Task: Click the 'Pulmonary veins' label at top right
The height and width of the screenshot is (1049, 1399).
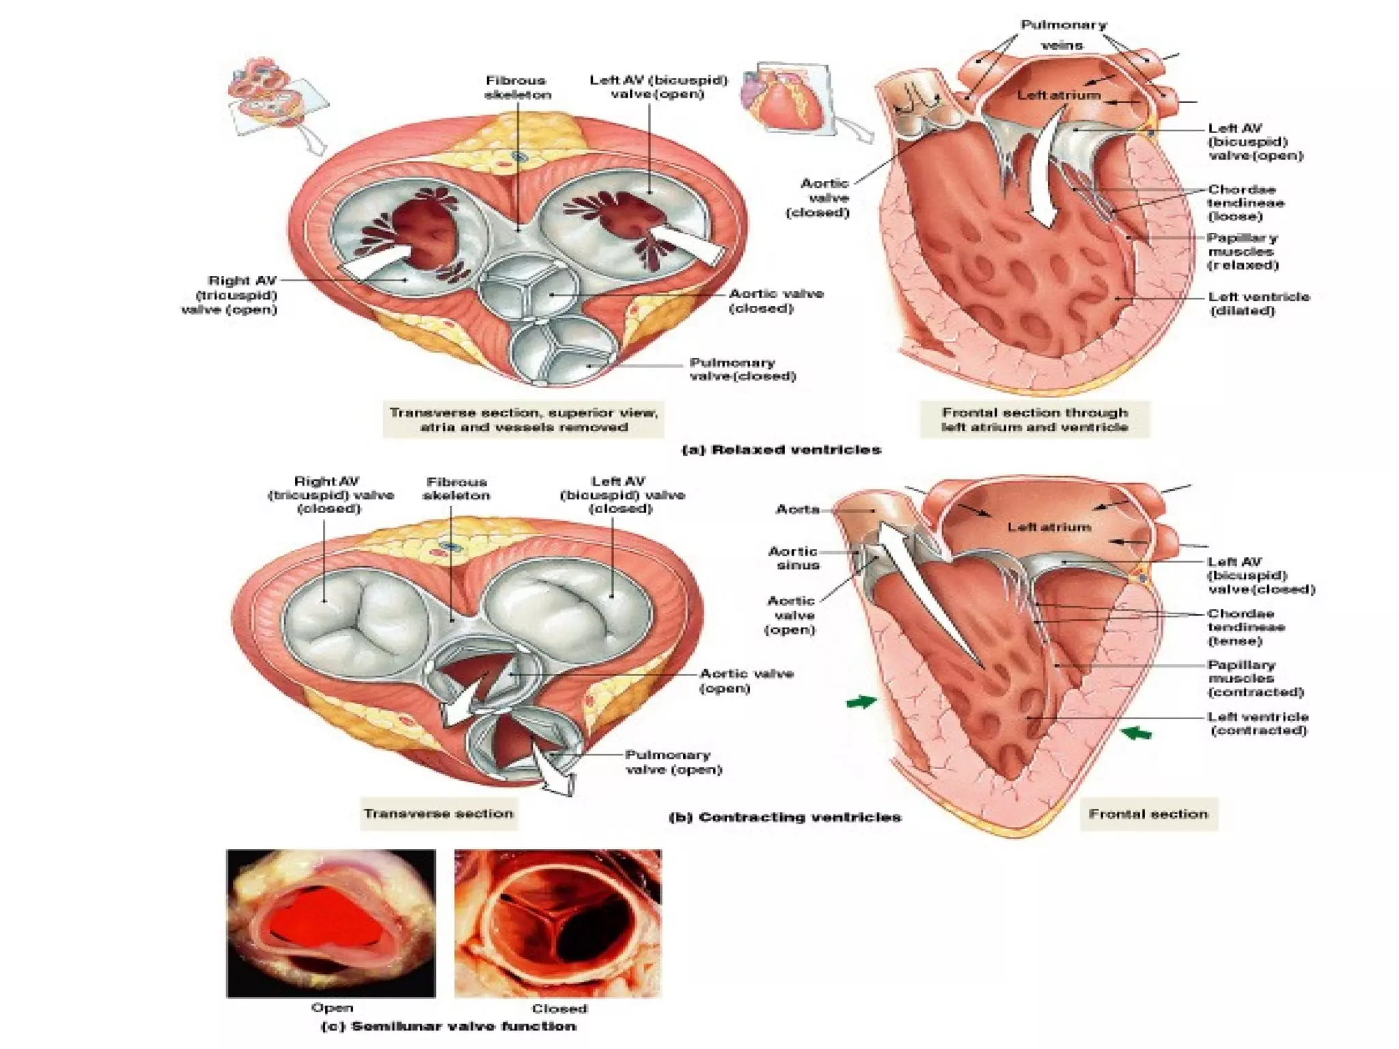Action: pyautogui.click(x=1063, y=35)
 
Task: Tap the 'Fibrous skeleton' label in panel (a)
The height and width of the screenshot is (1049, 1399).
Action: pyautogui.click(x=517, y=87)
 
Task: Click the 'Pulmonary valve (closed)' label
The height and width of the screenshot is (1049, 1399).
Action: pyautogui.click(x=742, y=369)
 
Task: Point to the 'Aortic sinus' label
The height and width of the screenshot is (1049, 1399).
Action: pyautogui.click(x=794, y=558)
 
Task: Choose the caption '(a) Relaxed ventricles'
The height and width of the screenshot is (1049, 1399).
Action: pyautogui.click(x=782, y=450)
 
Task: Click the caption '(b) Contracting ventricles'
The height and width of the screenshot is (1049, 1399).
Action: pyautogui.click(x=785, y=817)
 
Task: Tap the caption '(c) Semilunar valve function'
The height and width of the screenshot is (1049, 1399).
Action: pyautogui.click(x=449, y=1026)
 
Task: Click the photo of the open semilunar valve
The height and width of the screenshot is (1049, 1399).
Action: pyautogui.click(x=331, y=923)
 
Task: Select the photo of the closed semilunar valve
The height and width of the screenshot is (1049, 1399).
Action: pyautogui.click(x=558, y=923)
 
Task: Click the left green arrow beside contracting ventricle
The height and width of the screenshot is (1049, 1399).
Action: pyautogui.click(x=861, y=701)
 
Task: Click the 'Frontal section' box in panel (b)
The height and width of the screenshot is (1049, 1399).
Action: pyautogui.click(x=1148, y=814)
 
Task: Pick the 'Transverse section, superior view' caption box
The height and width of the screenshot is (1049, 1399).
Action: pyautogui.click(x=523, y=419)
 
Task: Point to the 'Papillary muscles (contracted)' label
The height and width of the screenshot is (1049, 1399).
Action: pyautogui.click(x=1256, y=678)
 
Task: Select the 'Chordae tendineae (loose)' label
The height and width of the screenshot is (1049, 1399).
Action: pyautogui.click(x=1245, y=203)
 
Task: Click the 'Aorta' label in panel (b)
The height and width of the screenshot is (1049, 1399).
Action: pyautogui.click(x=797, y=509)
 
